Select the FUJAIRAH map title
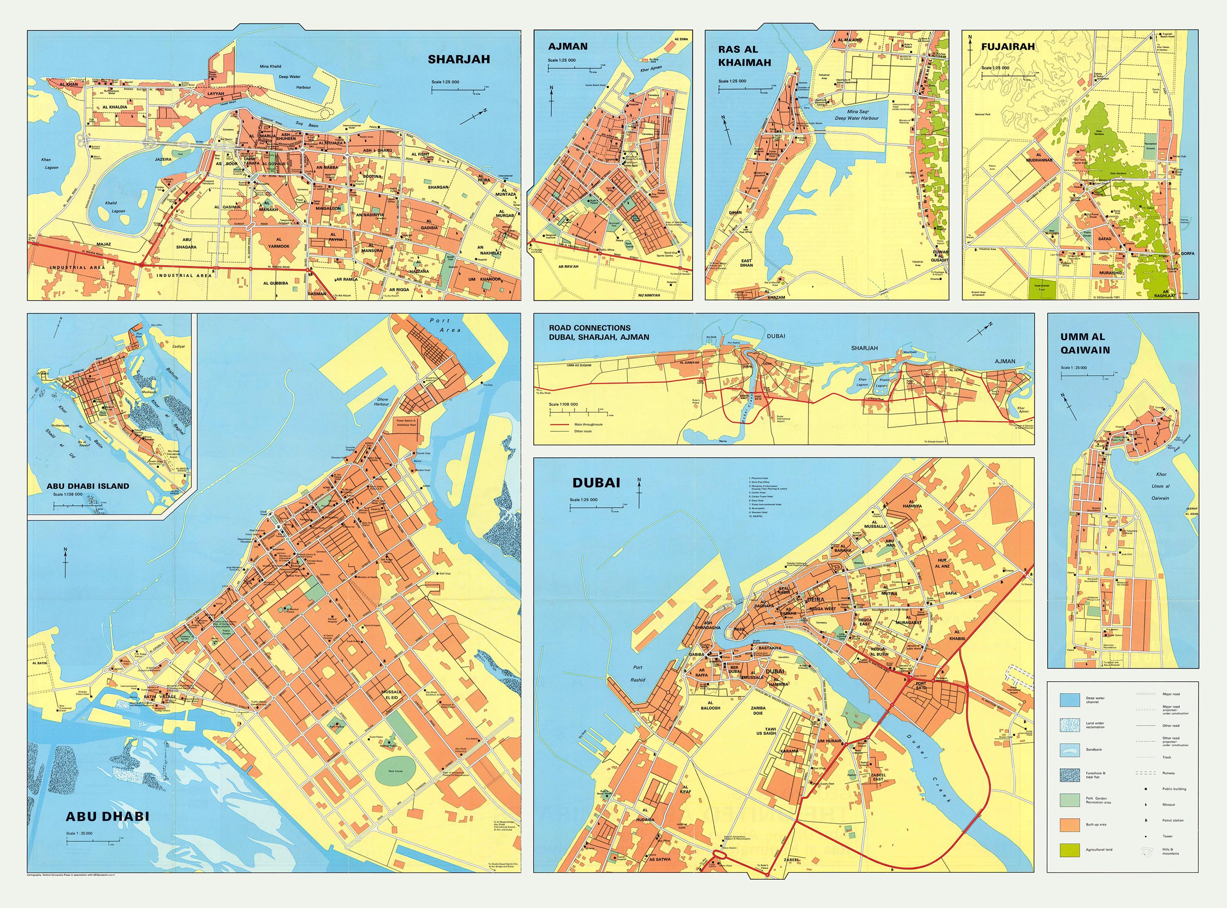click(x=1008, y=47)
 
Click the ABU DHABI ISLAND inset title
click(x=88, y=486)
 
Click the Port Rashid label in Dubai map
click(x=638, y=673)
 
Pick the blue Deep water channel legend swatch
click(x=1070, y=700)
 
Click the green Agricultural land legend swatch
click(x=1070, y=849)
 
